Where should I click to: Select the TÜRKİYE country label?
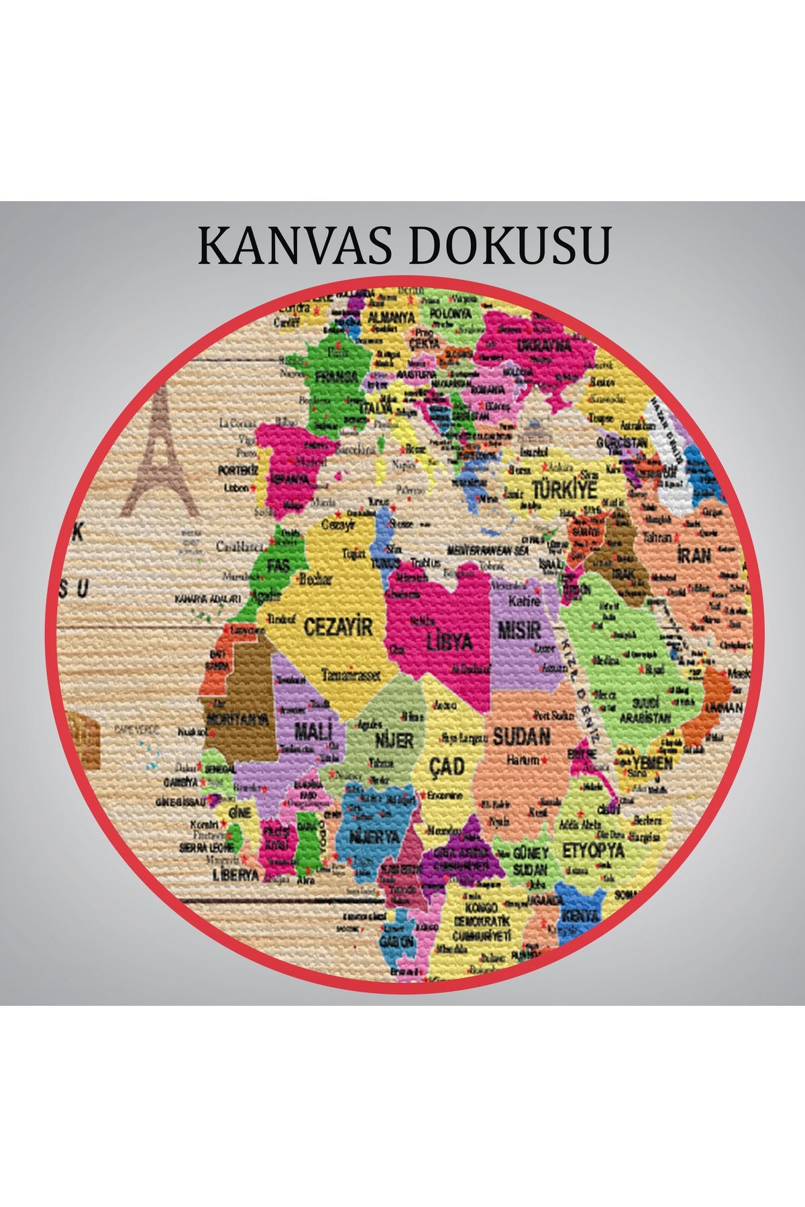click(x=563, y=489)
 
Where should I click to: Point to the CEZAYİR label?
click(x=337, y=628)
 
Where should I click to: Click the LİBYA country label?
click(x=449, y=642)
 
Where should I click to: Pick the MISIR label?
click(x=519, y=630)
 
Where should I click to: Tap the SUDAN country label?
click(x=521, y=737)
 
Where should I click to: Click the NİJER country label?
click(x=394, y=740)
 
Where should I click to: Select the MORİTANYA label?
click(x=238, y=720)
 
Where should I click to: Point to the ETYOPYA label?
click(x=593, y=851)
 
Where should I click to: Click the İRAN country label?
click(x=694, y=555)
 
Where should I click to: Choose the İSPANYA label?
click(x=290, y=479)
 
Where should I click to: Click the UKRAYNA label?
click(x=543, y=346)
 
